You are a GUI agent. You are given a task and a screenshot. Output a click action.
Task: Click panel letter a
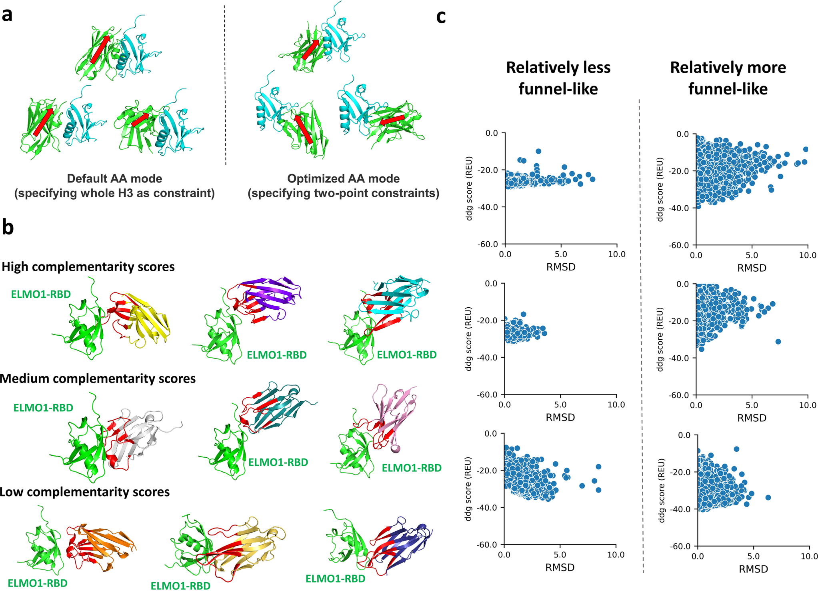7,15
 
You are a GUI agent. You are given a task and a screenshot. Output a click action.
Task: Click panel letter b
8,227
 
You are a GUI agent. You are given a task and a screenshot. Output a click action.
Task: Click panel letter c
441,17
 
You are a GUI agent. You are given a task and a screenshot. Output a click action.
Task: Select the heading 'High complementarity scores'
88,267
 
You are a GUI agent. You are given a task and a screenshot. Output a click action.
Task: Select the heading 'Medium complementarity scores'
98,379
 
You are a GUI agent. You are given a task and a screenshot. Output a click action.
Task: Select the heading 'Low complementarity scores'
84,492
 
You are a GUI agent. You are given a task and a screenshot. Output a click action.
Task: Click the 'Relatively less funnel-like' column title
558,78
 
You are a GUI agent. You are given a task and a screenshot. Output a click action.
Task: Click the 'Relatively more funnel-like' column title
728,78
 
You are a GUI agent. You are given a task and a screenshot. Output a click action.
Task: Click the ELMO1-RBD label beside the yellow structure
41,294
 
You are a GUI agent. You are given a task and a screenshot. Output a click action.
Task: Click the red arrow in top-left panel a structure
100,50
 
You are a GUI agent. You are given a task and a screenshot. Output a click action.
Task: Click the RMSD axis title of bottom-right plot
753,569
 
